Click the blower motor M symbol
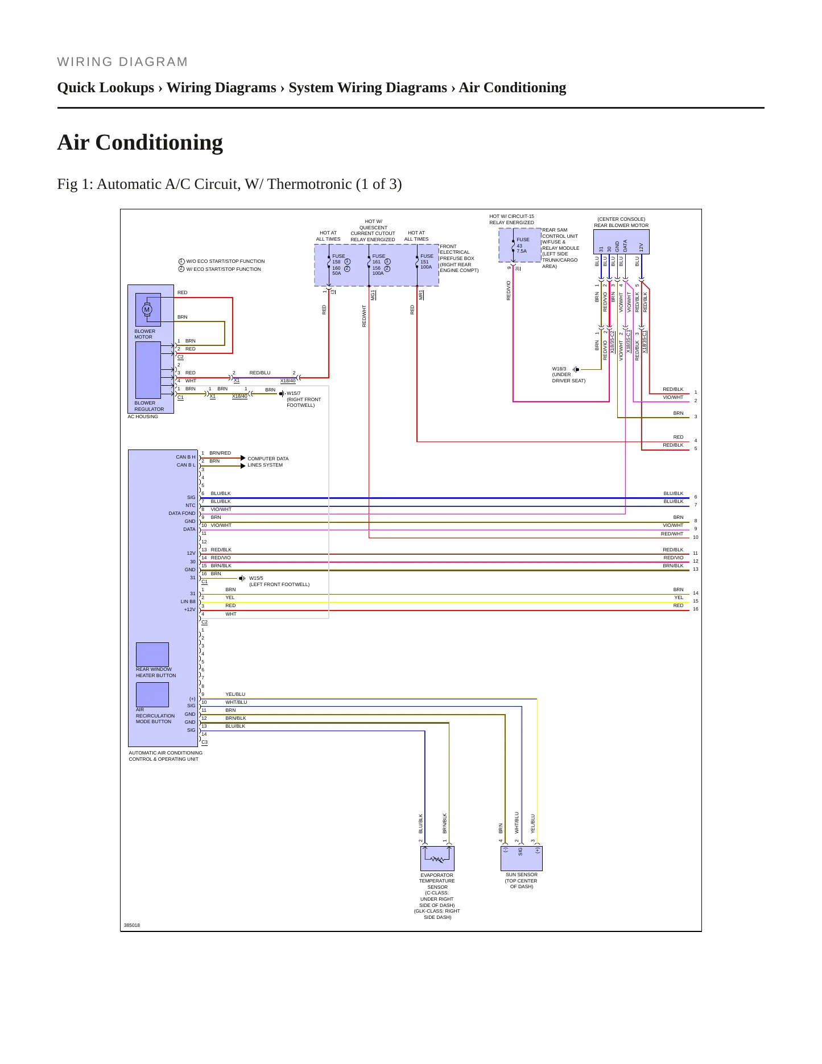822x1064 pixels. pyautogui.click(x=147, y=310)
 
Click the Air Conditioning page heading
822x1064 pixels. pyautogui.click(x=140, y=143)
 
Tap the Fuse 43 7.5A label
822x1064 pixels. pyautogui.click(x=523, y=245)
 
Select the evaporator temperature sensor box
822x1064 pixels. pyautogui.click(x=437, y=858)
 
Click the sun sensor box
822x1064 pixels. pyautogui.click(x=522, y=858)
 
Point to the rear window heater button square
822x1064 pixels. pyautogui.click(x=152, y=654)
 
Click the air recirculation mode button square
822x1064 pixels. pyautogui.click(x=152, y=695)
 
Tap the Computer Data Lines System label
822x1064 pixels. pyautogui.click(x=268, y=462)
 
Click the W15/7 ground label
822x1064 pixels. pyautogui.click(x=303, y=399)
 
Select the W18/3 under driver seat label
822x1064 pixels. pyautogui.click(x=568, y=375)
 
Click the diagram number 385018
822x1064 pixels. pyautogui.click(x=132, y=925)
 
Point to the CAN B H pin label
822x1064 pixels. pyautogui.click(x=185, y=457)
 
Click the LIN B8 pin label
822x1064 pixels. pyautogui.click(x=188, y=601)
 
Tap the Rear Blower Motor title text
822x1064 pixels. pyautogui.click(x=621, y=225)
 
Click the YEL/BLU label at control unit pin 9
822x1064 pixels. pyautogui.click(x=236, y=694)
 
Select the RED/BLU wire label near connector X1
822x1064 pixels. pyautogui.click(x=260, y=373)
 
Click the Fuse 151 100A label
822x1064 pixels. pyautogui.click(x=426, y=261)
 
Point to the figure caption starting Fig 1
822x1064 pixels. pyautogui.click(x=229, y=184)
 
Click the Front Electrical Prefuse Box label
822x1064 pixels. pyautogui.click(x=459, y=258)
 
